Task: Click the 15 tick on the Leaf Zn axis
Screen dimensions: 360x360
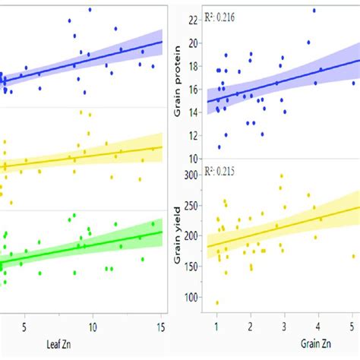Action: pyautogui.click(x=160, y=327)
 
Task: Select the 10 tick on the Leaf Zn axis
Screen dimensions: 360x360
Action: pyautogui.click(x=93, y=327)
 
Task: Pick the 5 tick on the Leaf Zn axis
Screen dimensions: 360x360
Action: pyautogui.click(x=25, y=327)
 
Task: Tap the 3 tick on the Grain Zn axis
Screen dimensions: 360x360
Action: pyautogui.click(x=284, y=327)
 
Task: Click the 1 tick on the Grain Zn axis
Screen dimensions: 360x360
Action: pyautogui.click(x=216, y=327)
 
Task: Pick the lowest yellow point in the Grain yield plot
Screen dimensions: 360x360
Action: pyautogui.click(x=217, y=303)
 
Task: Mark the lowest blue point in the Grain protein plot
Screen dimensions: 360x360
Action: pyautogui.click(x=219, y=147)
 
